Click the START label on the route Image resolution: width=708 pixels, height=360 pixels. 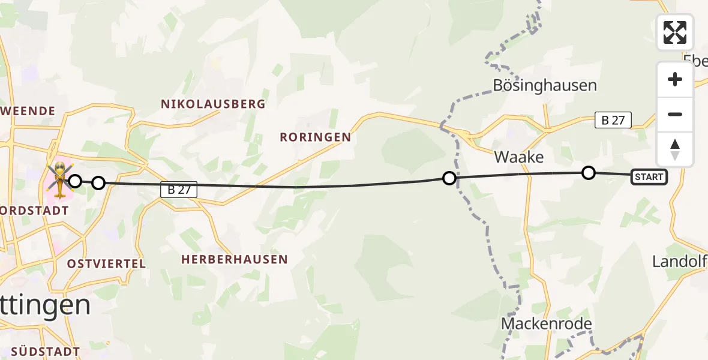[x=649, y=177]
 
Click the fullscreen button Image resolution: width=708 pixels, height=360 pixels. [x=675, y=32]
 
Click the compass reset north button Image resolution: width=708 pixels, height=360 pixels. [x=675, y=149]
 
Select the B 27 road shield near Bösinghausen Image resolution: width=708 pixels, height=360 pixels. [x=613, y=120]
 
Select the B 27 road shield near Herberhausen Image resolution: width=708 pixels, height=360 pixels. [x=179, y=190]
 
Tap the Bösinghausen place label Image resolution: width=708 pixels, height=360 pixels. [x=545, y=85]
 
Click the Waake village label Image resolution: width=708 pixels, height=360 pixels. [x=519, y=157]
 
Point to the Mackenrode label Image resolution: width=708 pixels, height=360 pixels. [x=547, y=324]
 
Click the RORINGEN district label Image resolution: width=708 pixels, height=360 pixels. [x=316, y=137]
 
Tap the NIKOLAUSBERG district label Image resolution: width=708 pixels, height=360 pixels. [x=213, y=104]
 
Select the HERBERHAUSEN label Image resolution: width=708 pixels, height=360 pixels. [x=235, y=260]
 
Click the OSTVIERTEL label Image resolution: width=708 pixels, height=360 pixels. [x=106, y=264]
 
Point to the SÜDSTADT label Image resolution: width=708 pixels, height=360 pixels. [x=46, y=351]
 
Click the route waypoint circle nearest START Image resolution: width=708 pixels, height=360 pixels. [x=589, y=173]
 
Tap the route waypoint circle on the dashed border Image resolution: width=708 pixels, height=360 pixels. [x=449, y=178]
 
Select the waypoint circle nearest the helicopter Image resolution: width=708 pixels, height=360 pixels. [x=75, y=181]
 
